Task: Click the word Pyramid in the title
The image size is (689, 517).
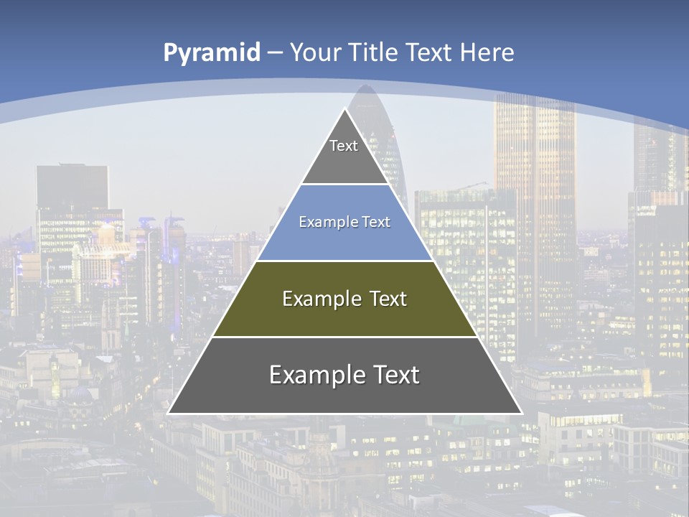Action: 212,53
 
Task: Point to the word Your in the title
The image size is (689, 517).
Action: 316,53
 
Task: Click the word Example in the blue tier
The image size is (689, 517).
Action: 325,223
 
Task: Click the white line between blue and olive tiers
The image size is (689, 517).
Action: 344,261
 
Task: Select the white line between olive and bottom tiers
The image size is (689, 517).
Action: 344,337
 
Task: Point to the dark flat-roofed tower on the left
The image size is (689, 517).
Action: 72,194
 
